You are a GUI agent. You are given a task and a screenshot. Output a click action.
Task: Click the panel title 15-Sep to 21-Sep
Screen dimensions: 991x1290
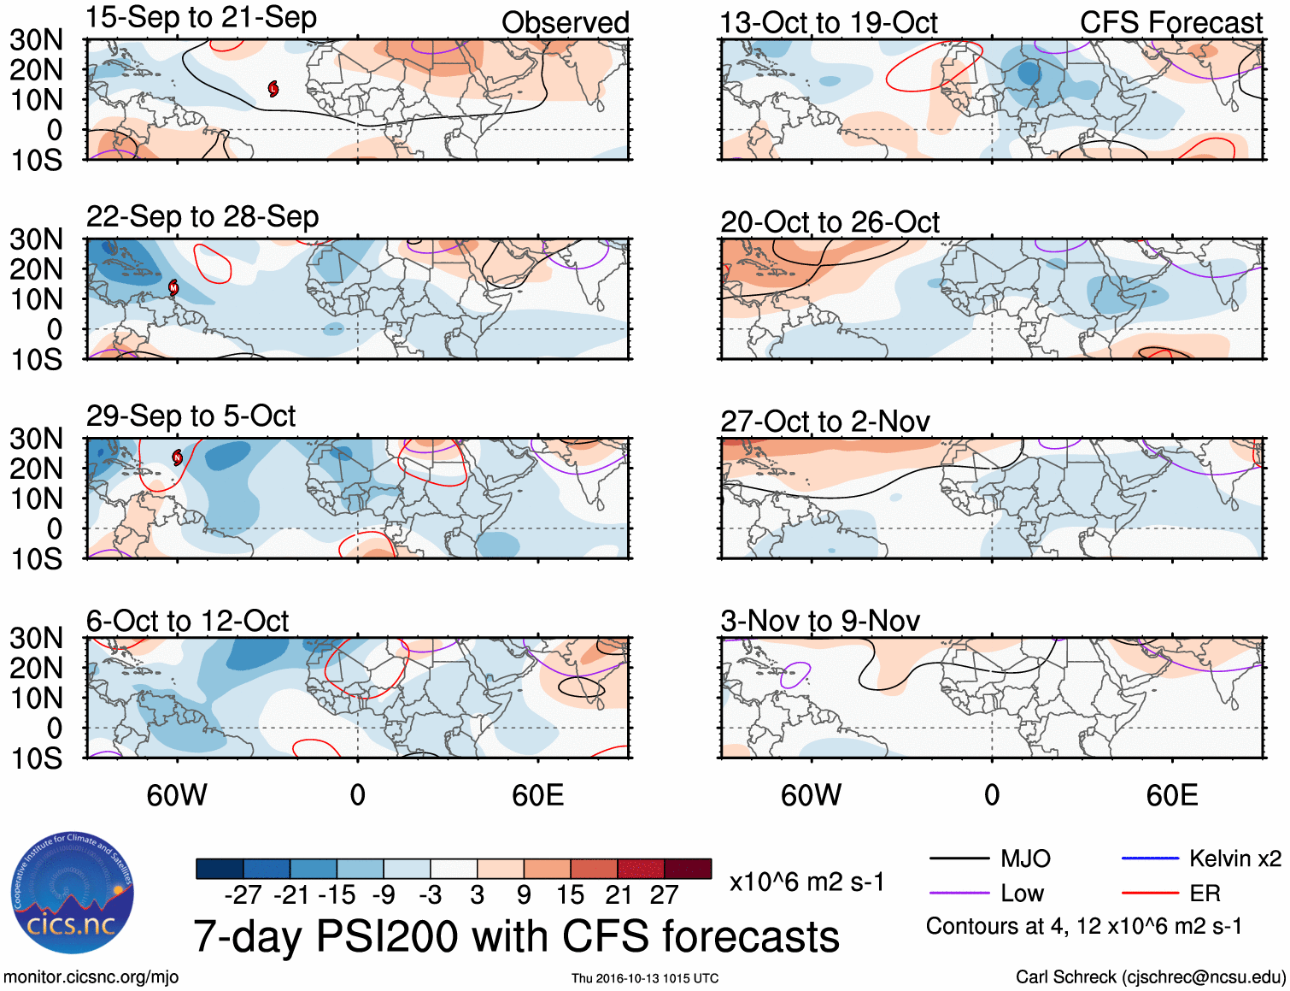pos(202,18)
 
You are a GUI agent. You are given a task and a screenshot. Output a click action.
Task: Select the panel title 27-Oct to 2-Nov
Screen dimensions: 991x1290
pos(824,422)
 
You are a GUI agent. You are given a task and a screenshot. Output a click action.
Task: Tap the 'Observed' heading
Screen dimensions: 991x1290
pos(565,23)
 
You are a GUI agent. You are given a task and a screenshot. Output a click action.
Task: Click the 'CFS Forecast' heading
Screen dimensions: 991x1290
pos(1170,23)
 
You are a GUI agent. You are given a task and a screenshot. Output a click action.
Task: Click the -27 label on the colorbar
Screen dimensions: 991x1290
pos(243,895)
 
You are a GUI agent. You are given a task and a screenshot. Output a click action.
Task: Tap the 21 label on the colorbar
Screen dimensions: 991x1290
pos(618,895)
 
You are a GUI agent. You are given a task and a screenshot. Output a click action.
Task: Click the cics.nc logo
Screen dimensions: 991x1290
pos(72,894)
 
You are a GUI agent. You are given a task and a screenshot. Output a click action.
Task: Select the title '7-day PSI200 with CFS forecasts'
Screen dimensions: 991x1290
pos(516,936)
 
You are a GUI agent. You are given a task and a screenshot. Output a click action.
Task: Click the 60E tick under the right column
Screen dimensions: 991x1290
pos(1171,795)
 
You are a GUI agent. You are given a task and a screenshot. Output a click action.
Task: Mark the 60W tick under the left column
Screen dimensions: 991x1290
pos(177,795)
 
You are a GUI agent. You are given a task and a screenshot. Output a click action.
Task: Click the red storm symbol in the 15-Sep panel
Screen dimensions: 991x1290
pos(273,88)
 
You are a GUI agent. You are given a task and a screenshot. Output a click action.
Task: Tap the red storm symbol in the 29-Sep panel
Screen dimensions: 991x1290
pos(178,457)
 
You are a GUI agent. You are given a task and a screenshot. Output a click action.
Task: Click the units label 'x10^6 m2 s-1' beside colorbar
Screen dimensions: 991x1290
pos(806,882)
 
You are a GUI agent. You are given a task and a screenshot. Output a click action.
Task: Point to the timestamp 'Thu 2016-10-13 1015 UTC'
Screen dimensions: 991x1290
pos(645,978)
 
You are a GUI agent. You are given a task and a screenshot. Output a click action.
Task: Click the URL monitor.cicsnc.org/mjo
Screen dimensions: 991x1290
pos(91,977)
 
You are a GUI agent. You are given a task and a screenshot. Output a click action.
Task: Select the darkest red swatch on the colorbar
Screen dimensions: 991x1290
pos(688,869)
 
